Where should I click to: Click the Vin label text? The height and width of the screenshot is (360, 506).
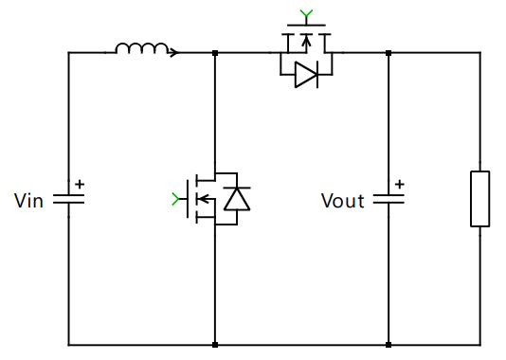click(28, 200)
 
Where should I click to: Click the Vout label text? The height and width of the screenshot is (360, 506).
click(342, 200)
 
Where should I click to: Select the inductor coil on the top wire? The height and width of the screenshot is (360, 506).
click(142, 48)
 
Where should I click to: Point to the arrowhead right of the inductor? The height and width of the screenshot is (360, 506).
click(173, 52)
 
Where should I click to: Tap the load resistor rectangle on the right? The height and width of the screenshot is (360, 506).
click(480, 199)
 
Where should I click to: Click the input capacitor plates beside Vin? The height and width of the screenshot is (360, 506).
click(68, 199)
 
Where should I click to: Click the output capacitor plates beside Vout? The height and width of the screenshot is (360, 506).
click(389, 199)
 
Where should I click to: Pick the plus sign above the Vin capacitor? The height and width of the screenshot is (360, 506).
click(80, 184)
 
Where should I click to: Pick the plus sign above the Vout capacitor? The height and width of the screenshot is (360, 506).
click(400, 184)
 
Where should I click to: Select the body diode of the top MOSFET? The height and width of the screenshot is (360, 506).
click(305, 76)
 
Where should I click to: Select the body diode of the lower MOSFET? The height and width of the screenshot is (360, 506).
click(235, 198)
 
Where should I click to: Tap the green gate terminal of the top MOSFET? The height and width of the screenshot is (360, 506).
click(305, 13)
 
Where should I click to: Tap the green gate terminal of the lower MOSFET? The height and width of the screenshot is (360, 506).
click(174, 198)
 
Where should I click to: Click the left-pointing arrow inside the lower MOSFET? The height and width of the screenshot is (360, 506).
click(202, 198)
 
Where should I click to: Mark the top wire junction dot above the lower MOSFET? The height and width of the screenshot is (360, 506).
click(216, 52)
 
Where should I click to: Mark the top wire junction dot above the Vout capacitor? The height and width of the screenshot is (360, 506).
click(389, 52)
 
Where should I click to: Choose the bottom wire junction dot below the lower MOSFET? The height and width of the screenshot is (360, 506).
click(216, 345)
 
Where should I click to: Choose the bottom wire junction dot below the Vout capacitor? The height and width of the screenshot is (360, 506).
click(389, 345)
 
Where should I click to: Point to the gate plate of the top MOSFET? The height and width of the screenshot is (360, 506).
click(305, 26)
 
